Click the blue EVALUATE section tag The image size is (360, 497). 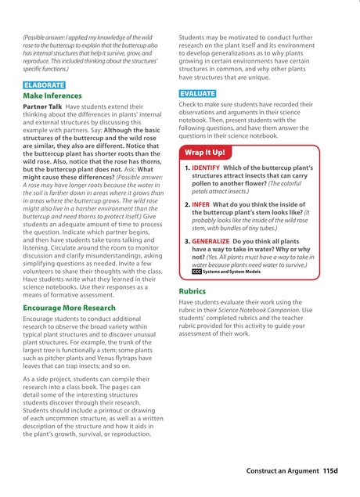pos(197,93)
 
